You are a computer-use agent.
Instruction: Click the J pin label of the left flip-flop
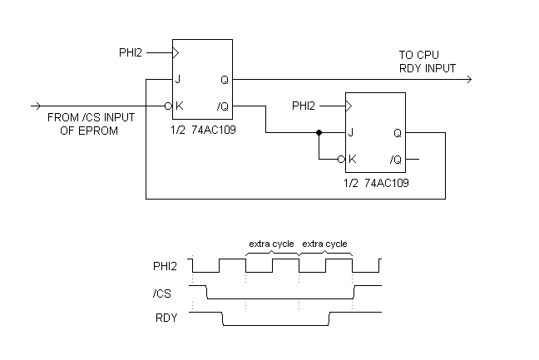point(178,80)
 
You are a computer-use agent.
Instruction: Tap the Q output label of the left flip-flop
point(225,80)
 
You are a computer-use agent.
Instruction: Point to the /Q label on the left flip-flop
point(222,106)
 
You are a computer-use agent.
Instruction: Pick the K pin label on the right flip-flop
point(353,159)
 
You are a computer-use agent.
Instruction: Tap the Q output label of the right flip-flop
point(398,132)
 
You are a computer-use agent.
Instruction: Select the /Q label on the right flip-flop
point(396,159)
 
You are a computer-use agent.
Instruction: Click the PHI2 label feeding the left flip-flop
point(131,53)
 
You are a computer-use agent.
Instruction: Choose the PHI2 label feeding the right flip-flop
point(304,106)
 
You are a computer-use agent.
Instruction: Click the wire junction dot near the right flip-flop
point(319,132)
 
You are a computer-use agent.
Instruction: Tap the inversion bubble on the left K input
point(169,106)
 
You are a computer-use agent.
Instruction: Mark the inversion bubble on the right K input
point(342,159)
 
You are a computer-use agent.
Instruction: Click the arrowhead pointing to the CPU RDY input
point(469,80)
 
